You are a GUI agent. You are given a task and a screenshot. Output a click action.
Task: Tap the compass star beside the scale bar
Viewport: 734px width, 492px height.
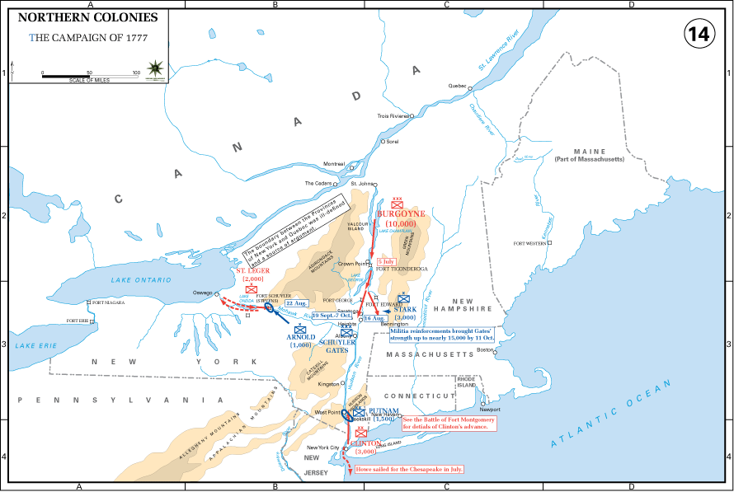[x=153, y=68]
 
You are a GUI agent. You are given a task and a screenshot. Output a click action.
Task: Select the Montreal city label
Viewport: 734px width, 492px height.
[x=334, y=164]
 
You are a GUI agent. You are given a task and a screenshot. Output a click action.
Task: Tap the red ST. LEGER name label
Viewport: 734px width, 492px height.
[x=252, y=270]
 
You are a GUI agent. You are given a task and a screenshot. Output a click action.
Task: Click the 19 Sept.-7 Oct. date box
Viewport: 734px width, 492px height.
[x=332, y=316]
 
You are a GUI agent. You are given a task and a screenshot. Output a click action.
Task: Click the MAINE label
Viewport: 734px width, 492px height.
[x=590, y=152]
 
